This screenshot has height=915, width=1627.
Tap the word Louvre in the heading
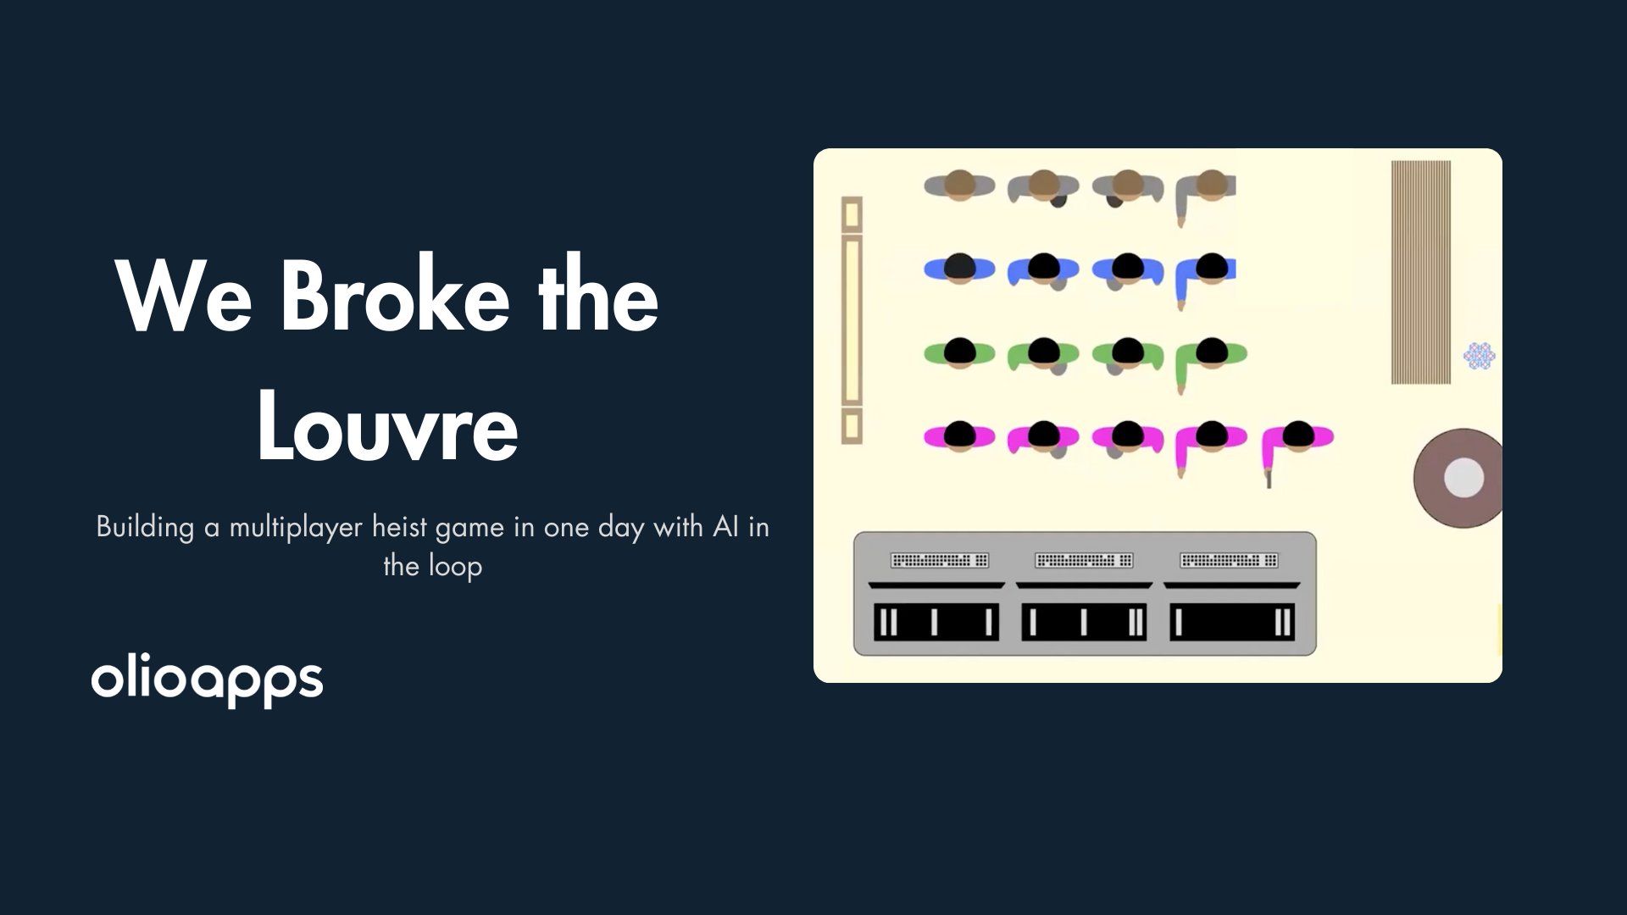387,429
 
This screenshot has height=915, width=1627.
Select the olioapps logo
207,680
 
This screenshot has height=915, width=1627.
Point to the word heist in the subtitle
401,527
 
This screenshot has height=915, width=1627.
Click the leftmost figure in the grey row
958,186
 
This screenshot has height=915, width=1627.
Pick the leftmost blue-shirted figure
958,269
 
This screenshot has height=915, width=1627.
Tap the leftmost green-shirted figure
958,352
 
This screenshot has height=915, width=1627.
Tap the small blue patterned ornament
1479,356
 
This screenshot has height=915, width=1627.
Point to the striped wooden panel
1420,272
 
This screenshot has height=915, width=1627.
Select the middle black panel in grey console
1084,622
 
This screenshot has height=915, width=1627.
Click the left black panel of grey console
936,622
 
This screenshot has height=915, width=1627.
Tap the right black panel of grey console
1231,622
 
